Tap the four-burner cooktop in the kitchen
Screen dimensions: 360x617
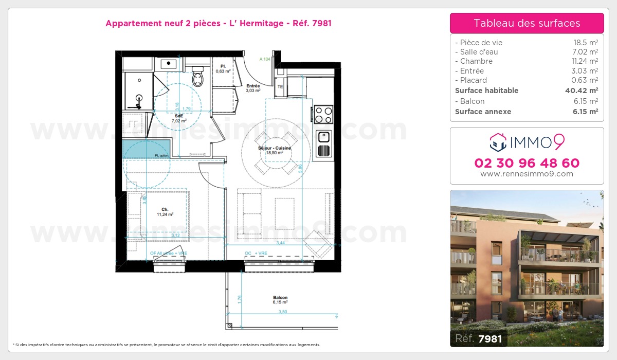323,114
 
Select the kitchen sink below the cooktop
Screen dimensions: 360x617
323,137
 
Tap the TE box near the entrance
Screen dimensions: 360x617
280,87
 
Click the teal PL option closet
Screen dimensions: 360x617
147,149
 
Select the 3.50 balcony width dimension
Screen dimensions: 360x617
282,312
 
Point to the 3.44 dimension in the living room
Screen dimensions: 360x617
281,243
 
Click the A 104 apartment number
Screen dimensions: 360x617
265,60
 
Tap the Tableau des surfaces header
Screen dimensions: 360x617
527,23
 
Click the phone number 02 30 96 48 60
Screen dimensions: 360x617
527,164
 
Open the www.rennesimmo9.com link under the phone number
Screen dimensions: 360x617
527,174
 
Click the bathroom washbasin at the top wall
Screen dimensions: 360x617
169,64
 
